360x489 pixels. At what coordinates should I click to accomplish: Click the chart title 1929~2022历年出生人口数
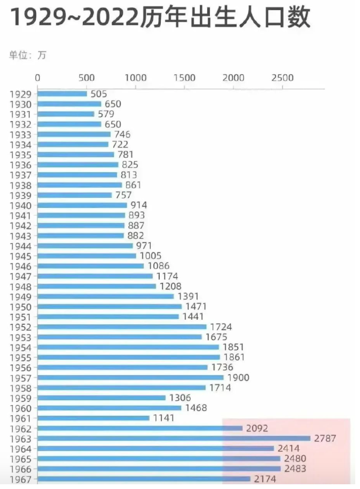[x=161, y=18]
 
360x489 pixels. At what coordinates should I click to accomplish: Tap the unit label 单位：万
[x=27, y=55]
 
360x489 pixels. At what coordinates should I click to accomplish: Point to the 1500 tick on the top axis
[x=184, y=78]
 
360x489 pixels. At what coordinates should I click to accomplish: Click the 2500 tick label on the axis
[x=283, y=78]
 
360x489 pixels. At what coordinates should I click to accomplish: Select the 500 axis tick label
[x=86, y=78]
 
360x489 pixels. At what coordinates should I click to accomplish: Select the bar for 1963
[x=174, y=438]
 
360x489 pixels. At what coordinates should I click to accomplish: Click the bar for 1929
[x=62, y=94]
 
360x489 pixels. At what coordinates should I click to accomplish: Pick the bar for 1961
[x=93, y=418]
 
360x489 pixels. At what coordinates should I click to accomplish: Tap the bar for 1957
[x=131, y=378]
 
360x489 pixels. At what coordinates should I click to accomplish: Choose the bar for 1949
[x=105, y=296]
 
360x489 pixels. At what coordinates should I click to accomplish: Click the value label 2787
[x=325, y=438]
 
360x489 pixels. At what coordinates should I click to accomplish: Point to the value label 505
[x=99, y=94]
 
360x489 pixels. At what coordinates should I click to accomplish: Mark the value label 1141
[x=164, y=418]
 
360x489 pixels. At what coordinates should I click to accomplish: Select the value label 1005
[x=151, y=256]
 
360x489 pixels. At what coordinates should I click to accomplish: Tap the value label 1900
[x=238, y=378]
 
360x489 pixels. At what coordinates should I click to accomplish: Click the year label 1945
[x=20, y=256]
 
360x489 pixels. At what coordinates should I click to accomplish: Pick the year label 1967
[x=20, y=479]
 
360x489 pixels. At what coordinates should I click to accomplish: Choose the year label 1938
[x=20, y=185]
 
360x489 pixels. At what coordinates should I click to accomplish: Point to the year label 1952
[x=20, y=327]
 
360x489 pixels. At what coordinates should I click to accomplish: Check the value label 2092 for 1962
[x=257, y=428]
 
